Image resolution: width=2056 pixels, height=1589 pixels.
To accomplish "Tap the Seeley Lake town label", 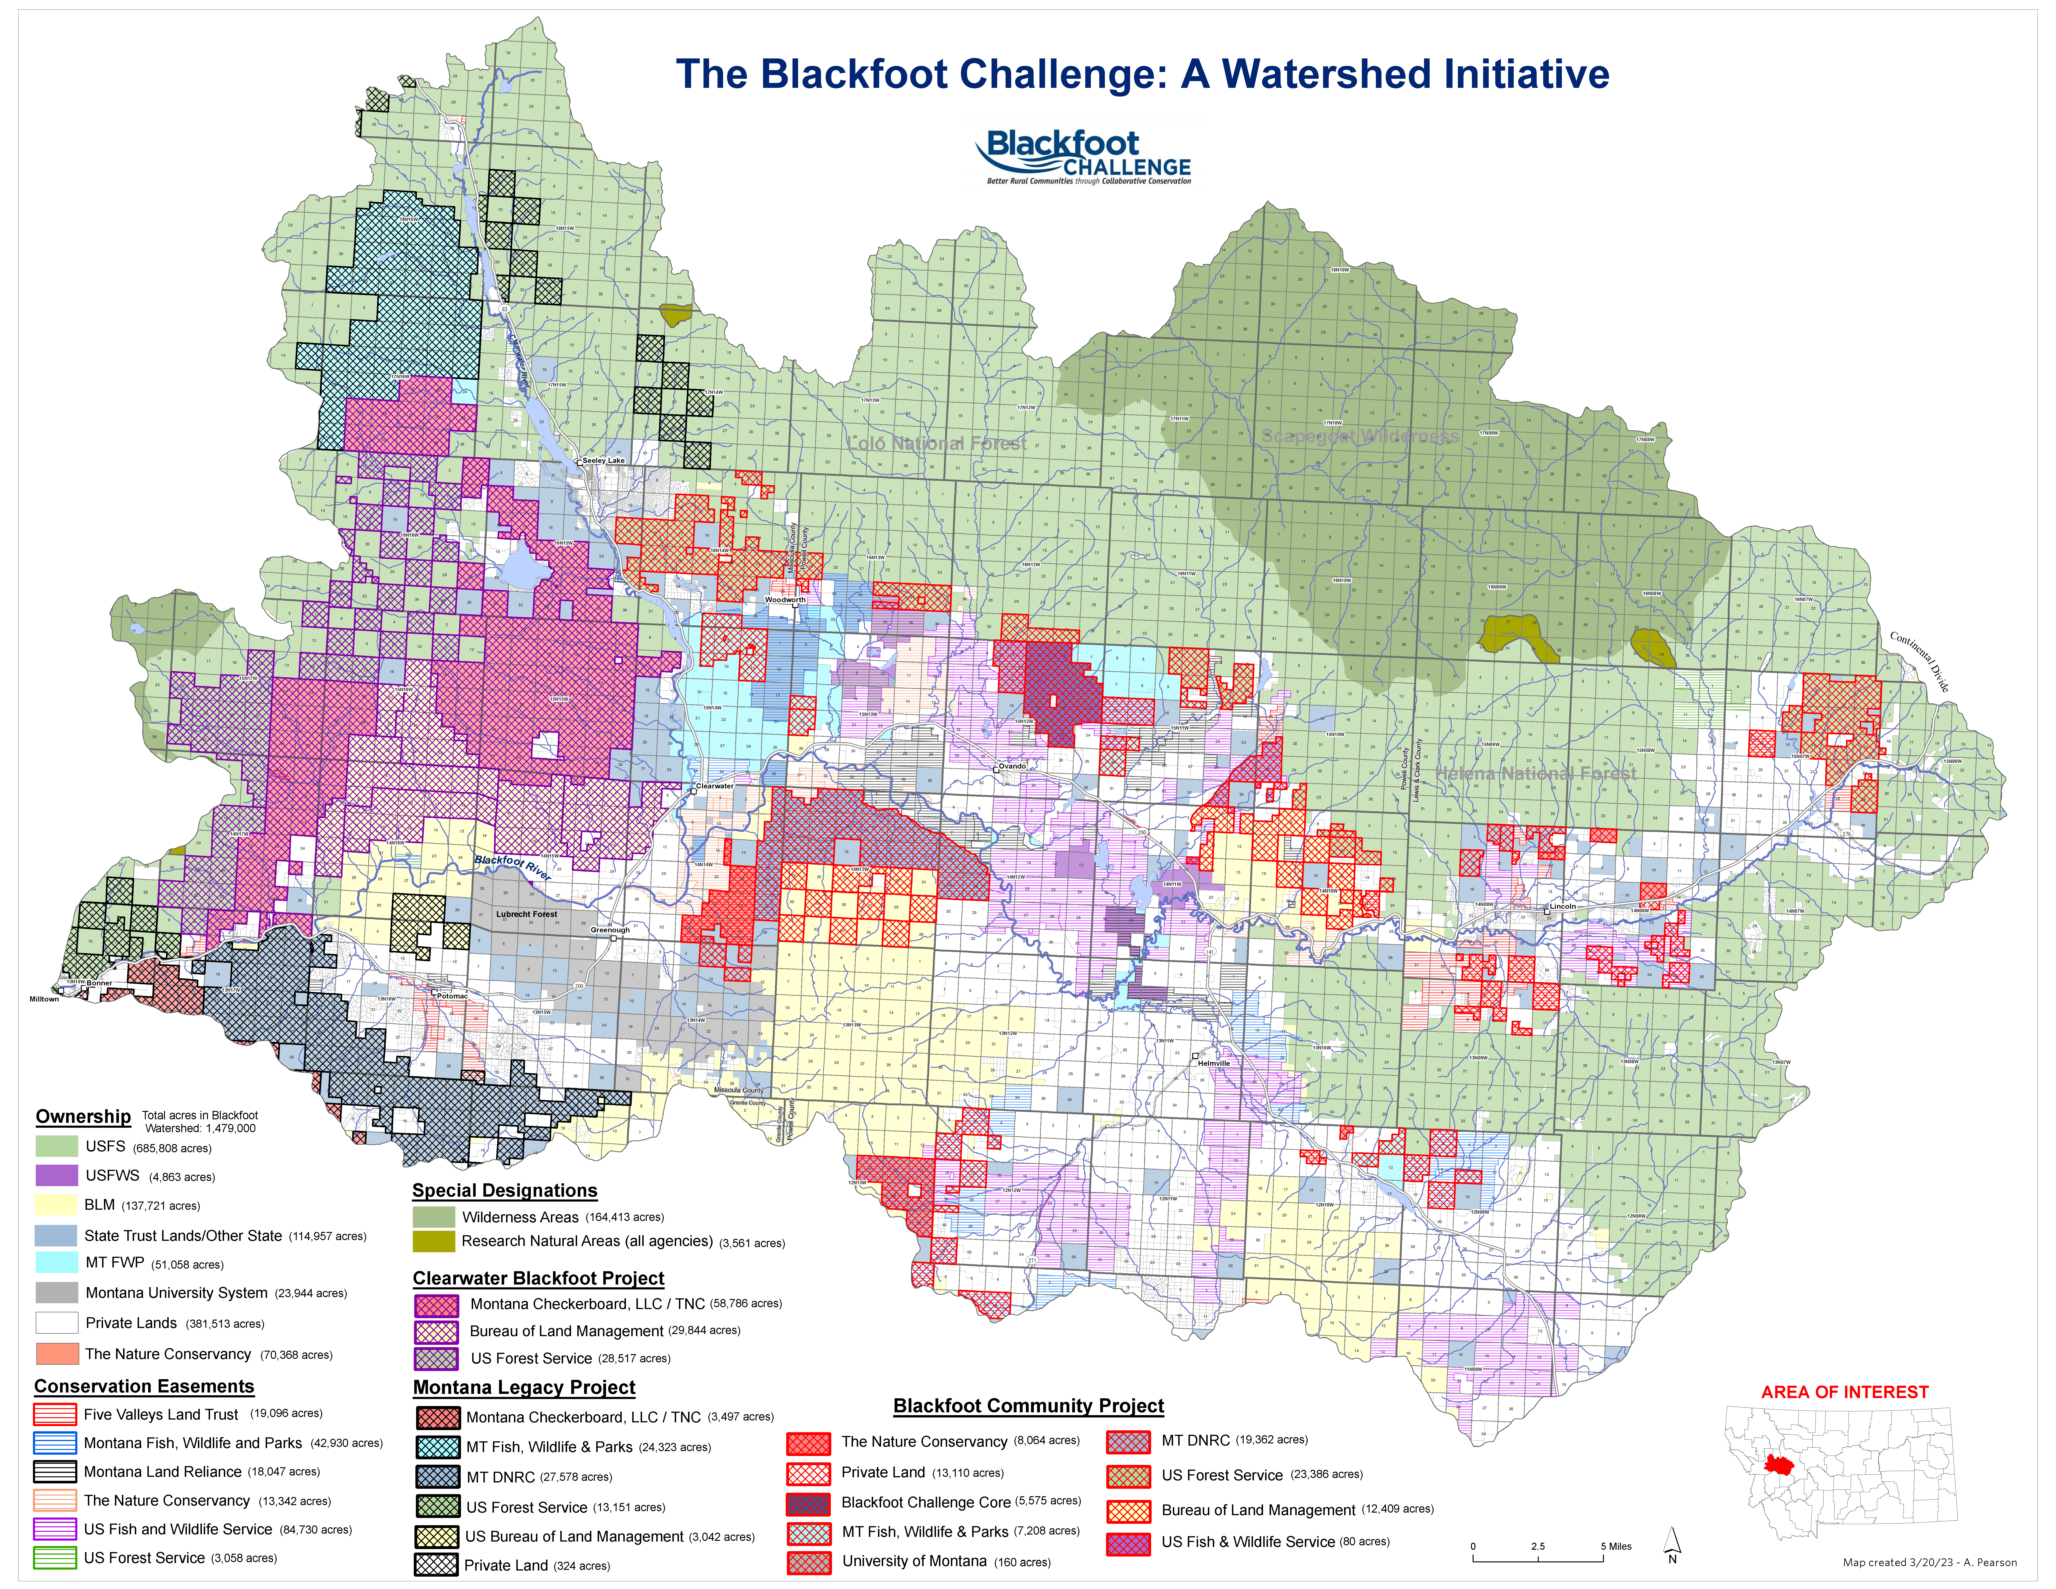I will click(603, 460).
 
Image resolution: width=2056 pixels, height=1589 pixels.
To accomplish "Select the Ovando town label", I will click(1012, 766).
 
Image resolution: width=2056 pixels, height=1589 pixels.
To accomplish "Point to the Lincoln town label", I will click(1563, 906).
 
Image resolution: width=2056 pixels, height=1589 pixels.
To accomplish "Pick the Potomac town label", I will click(452, 996).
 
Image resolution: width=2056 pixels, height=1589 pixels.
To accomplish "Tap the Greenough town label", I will click(610, 930).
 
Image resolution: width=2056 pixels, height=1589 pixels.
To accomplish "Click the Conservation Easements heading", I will click(144, 1387).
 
